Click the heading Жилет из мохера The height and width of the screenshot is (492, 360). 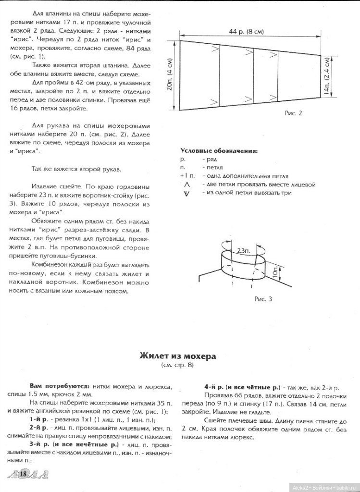(x=177, y=356)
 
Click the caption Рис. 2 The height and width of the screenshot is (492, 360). (x=292, y=114)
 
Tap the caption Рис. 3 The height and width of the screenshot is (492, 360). (x=263, y=299)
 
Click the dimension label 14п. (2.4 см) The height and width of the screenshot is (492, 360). (x=327, y=76)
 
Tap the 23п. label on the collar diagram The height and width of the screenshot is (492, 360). (x=244, y=250)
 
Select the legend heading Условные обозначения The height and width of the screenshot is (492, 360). (x=219, y=150)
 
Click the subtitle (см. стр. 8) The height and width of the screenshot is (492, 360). (x=177, y=366)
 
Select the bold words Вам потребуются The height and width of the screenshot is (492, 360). (x=60, y=386)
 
